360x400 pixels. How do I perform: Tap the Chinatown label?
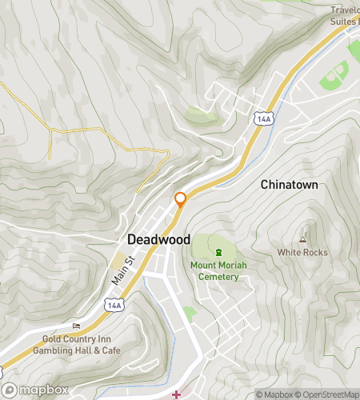pos(289,184)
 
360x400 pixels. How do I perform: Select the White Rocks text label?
pos(302,252)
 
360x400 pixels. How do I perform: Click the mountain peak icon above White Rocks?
pos(302,238)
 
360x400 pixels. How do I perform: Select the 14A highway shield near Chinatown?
pos(263,118)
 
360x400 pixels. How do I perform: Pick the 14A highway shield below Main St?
pos(114,305)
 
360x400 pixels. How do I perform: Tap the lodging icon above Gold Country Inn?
pos(77,326)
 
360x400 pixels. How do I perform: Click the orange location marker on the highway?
pos(181,199)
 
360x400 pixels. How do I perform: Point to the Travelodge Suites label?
pos(344,15)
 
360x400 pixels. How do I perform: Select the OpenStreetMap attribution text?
pos(328,394)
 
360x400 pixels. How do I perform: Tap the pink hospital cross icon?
pos(176,394)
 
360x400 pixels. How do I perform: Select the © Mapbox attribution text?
pos(275,394)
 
